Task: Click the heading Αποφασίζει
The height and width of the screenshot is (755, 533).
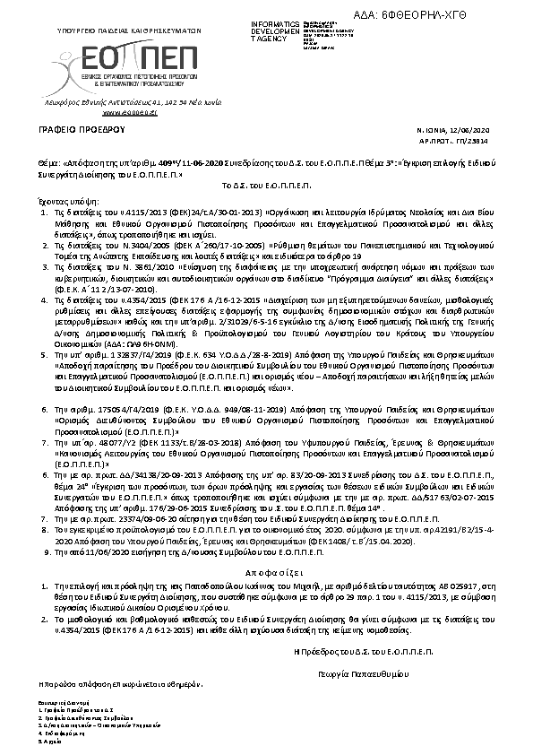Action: (265, 570)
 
